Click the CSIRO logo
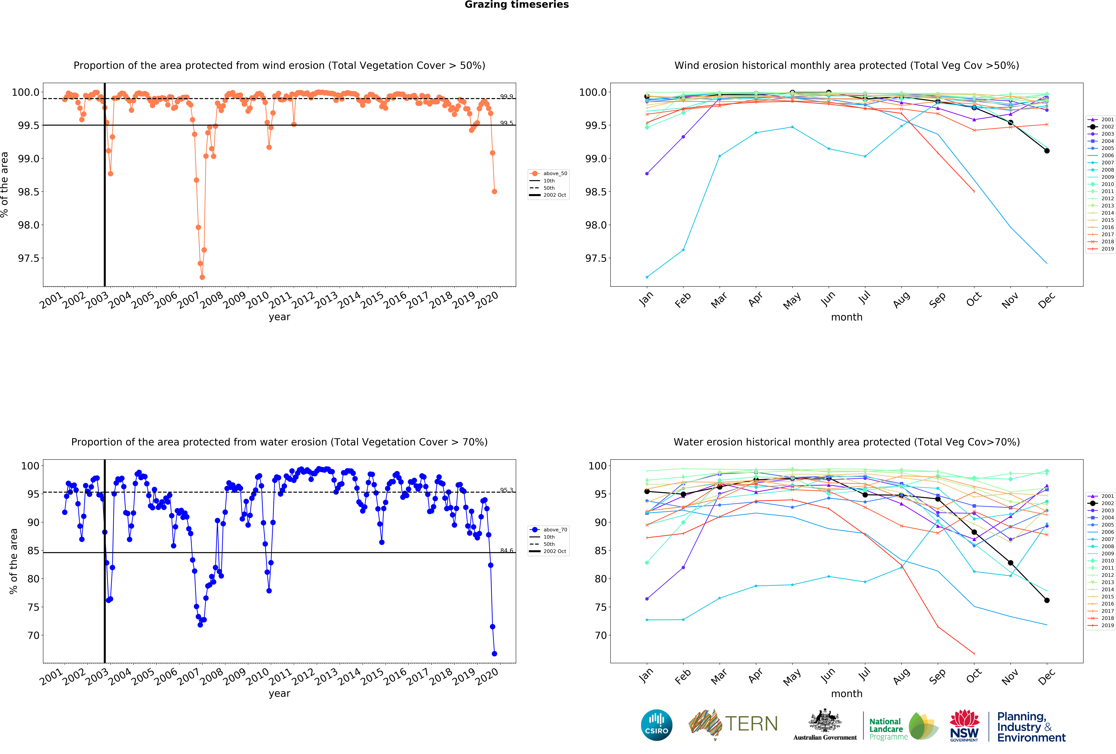[656, 725]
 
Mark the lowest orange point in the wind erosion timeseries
[202, 277]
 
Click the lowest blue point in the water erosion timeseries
[494, 654]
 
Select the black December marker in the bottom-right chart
[1047, 600]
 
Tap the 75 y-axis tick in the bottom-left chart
[33, 607]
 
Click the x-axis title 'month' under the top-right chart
[847, 317]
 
